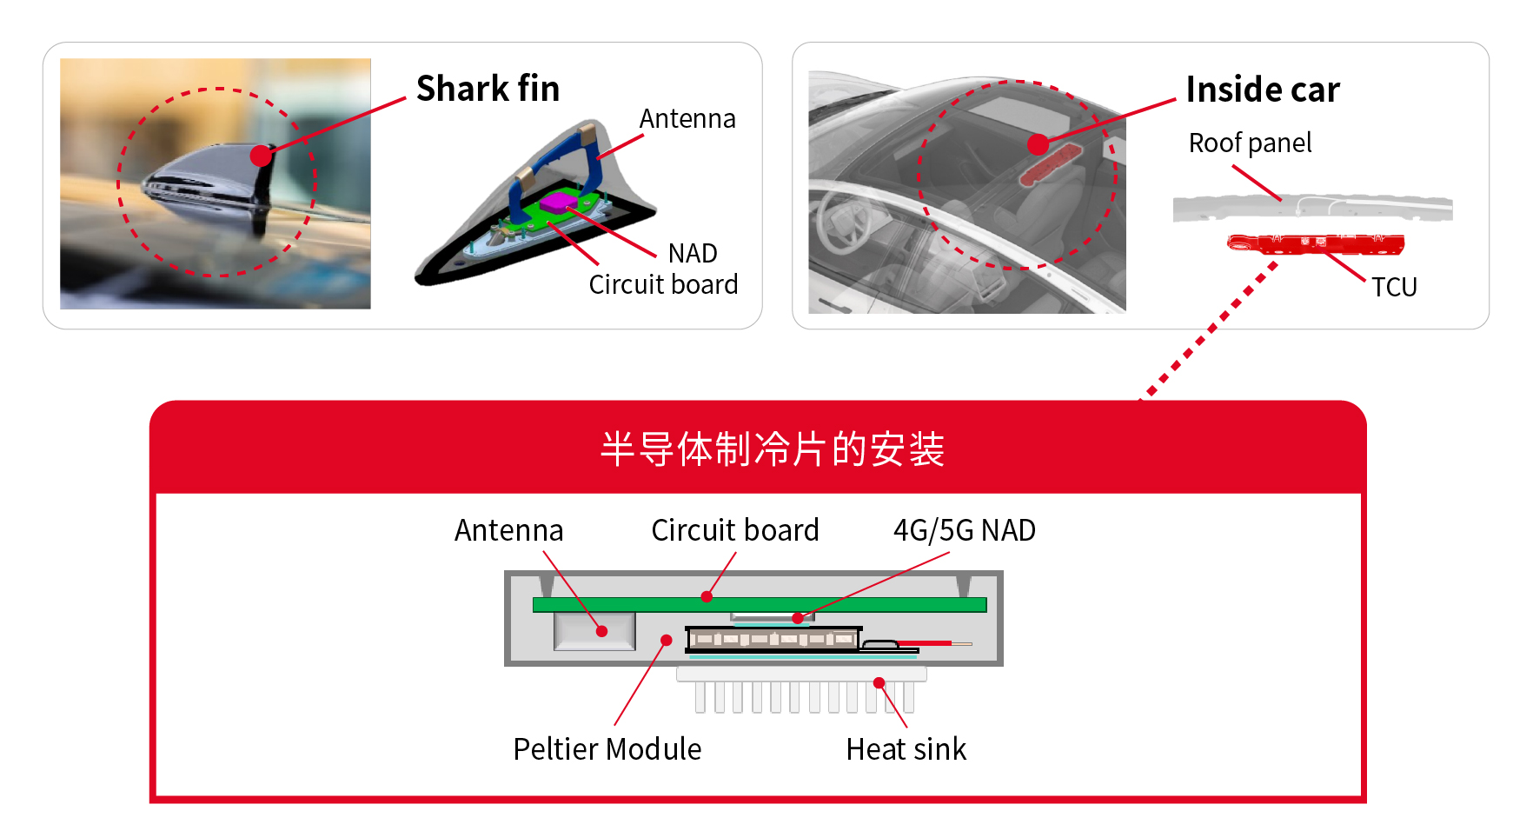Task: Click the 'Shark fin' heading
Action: click(x=488, y=89)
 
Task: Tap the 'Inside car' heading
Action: click(x=1262, y=90)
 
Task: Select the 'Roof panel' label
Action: click(x=1250, y=143)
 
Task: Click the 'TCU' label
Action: click(x=1394, y=287)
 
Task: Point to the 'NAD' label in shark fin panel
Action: click(x=693, y=253)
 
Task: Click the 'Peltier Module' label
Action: click(x=607, y=749)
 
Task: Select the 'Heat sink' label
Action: click(x=906, y=749)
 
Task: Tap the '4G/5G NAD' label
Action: click(x=964, y=530)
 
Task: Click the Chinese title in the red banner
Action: click(x=772, y=449)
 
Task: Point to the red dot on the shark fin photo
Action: click(x=261, y=156)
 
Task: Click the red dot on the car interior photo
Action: click(x=1038, y=144)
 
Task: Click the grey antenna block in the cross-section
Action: click(x=594, y=632)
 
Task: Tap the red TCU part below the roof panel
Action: click(x=1315, y=244)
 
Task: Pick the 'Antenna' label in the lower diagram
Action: click(x=508, y=530)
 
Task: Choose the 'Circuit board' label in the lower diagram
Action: click(x=734, y=530)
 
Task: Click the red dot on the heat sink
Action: click(x=879, y=683)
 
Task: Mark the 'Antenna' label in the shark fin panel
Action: click(x=687, y=119)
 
